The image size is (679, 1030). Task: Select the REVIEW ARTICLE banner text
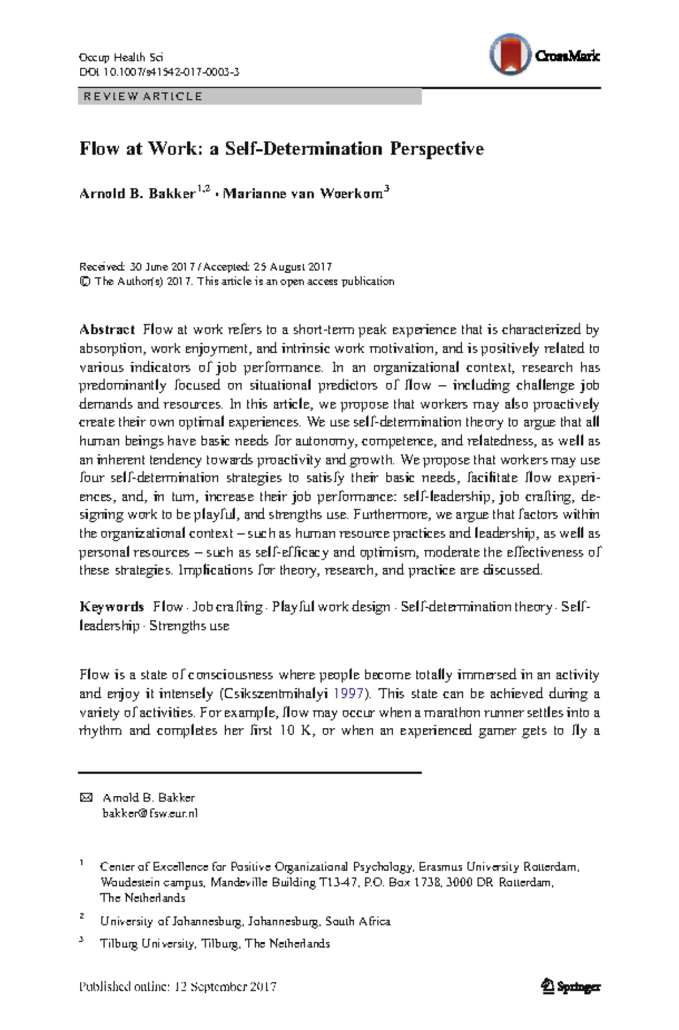143,96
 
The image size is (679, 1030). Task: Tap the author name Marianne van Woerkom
303,194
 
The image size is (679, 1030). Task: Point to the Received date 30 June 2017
162,267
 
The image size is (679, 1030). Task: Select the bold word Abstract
107,329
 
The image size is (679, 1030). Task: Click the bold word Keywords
111,607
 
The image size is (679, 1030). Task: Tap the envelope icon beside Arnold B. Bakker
86,797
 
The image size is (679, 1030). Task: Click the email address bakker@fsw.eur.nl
150,814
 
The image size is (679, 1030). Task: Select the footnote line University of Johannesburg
245,921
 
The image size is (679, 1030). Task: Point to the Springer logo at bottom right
570,987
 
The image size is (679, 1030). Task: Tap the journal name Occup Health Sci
121,57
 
